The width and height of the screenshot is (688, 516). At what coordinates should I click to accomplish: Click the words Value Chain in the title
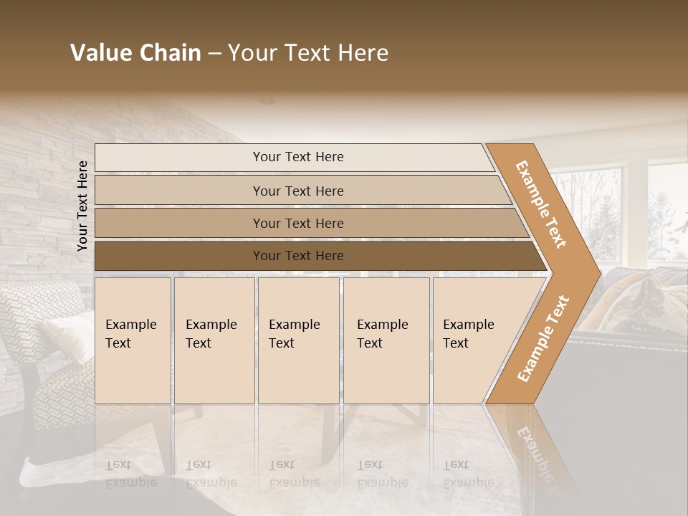[135, 53]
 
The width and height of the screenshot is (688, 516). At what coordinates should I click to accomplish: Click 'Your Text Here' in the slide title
[308, 53]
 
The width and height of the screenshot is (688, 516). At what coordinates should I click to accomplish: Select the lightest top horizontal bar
[179, 157]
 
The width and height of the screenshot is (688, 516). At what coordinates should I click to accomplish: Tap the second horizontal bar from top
[179, 191]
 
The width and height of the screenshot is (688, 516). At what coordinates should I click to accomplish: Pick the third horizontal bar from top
[179, 223]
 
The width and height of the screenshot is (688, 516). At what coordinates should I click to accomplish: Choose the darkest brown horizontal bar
[179, 256]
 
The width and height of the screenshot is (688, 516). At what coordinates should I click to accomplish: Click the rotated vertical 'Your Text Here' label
[82, 206]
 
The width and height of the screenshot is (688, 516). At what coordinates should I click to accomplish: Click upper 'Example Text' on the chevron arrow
[541, 204]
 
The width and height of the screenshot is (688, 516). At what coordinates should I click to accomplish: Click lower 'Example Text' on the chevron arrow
[543, 338]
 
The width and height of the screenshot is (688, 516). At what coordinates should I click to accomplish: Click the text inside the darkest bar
[298, 256]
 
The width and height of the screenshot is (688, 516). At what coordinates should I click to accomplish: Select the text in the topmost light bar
[298, 157]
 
